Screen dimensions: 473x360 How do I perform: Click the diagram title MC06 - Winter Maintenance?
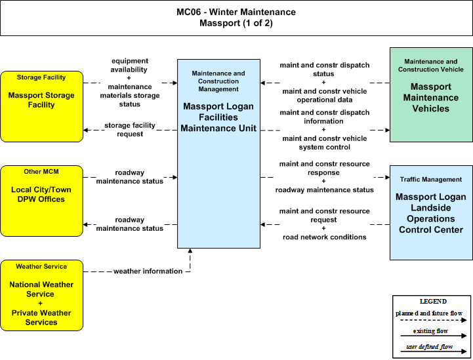(x=236, y=12)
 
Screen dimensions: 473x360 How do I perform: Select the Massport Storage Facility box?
(x=41, y=106)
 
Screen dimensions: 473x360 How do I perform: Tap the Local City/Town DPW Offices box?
(x=41, y=201)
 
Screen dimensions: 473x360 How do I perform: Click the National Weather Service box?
(x=41, y=295)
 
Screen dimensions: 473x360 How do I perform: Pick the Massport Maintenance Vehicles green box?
(x=431, y=94)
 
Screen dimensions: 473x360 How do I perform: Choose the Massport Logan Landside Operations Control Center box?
(x=431, y=212)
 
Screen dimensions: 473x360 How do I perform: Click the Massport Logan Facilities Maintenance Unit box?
(x=218, y=153)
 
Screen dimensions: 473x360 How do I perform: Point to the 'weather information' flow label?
(x=148, y=271)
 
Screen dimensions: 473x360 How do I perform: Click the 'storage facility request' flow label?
(x=130, y=130)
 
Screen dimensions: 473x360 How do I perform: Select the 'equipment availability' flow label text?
(x=129, y=65)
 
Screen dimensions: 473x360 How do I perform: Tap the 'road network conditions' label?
(x=324, y=237)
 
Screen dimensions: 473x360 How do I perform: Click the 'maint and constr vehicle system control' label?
(x=325, y=142)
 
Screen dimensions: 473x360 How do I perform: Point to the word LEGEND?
(x=433, y=301)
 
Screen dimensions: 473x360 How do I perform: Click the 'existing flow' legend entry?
(x=430, y=331)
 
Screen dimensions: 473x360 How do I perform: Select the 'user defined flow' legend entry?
(x=429, y=347)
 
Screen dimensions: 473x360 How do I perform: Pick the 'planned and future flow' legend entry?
(x=429, y=313)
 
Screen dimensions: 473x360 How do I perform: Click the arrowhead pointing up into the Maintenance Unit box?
(x=190, y=250)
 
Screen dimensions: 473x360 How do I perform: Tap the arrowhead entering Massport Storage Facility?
(x=86, y=130)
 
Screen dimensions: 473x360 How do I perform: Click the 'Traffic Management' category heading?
(x=431, y=180)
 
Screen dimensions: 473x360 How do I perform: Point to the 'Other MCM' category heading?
(x=41, y=172)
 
